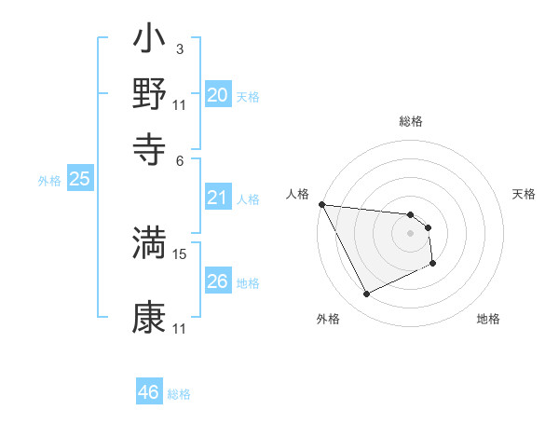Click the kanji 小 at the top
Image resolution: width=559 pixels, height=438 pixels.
149,42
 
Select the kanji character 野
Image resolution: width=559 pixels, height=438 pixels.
149,93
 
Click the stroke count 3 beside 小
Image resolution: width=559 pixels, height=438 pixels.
179,48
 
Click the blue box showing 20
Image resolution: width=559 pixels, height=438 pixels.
217,95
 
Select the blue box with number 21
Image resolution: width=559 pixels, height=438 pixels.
217,198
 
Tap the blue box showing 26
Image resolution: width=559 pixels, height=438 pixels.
217,281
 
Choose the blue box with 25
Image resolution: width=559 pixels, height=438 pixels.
79,179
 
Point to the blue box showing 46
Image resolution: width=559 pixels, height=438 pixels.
149,392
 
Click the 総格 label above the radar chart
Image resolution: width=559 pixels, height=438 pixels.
410,121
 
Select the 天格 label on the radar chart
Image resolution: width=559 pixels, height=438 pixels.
525,194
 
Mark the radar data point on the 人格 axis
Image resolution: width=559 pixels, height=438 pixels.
321,204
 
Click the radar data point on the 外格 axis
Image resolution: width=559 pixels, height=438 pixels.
366,294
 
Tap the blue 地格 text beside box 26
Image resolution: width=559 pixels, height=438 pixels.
248,282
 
